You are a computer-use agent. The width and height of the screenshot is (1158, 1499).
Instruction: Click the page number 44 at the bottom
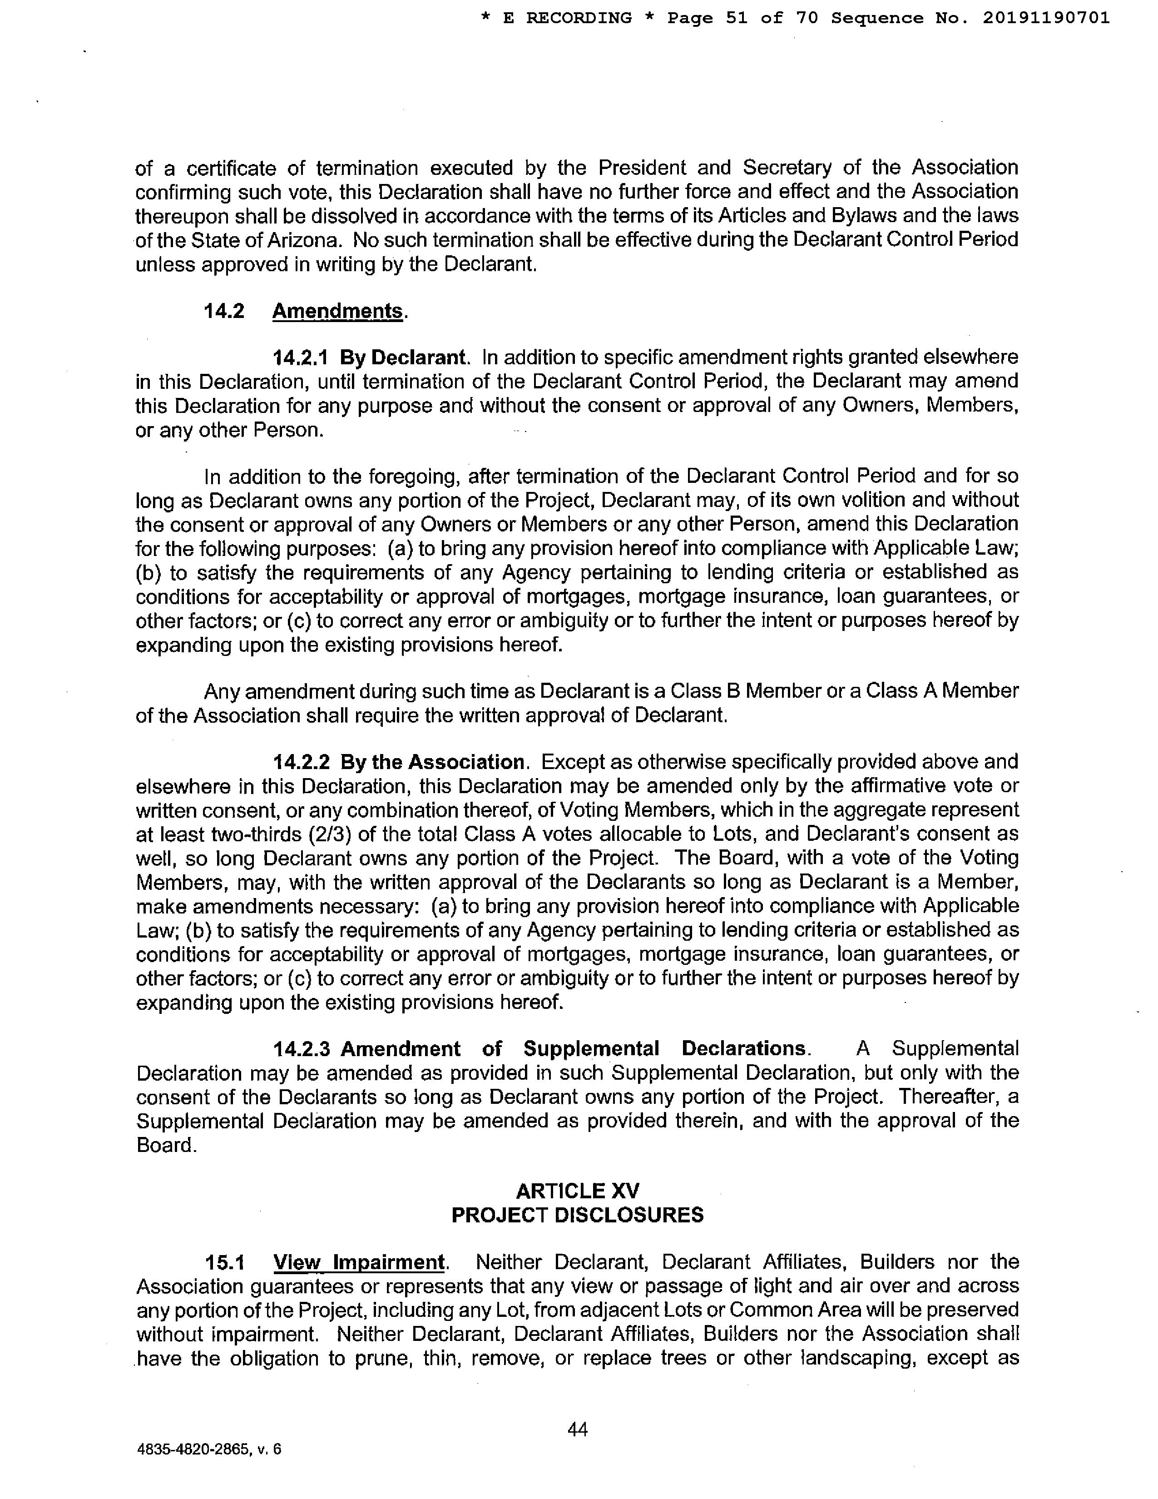[578, 1429]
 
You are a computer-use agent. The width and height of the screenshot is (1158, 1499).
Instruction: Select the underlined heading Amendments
[337, 311]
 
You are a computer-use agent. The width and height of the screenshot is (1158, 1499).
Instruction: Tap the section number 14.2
[224, 311]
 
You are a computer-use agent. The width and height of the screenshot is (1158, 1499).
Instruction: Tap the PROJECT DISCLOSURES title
[578, 1215]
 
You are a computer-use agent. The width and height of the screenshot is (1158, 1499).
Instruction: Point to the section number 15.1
[224, 1262]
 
